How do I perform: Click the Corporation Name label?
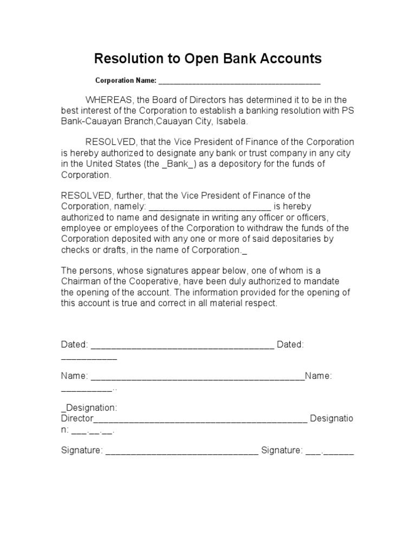point(126,81)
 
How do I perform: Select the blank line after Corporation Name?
point(239,82)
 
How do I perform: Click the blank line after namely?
point(209,206)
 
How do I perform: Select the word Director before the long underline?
point(77,419)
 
